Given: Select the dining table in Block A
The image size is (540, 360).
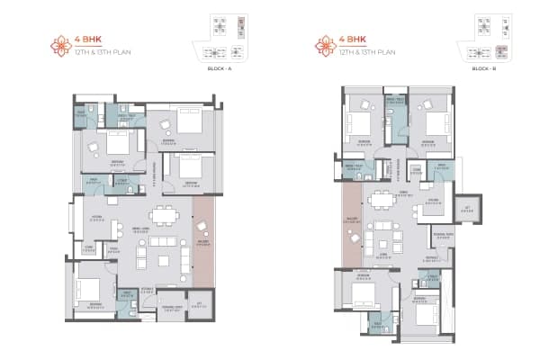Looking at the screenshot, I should point(164,216).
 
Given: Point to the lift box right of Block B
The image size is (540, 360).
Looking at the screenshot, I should point(466,209).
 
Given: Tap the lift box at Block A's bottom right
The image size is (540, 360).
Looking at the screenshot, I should point(198,306).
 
